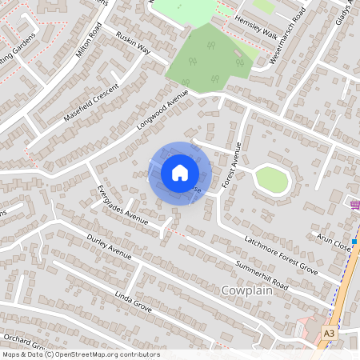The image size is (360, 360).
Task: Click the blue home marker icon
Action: tap(180, 172)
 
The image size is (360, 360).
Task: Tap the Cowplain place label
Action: tap(248, 292)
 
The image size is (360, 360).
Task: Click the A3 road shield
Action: tap(330, 332)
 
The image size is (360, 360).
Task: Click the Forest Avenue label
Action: tap(232, 164)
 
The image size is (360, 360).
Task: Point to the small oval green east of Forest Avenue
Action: tap(271, 180)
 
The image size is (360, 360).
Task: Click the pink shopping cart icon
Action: tap(354, 206)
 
